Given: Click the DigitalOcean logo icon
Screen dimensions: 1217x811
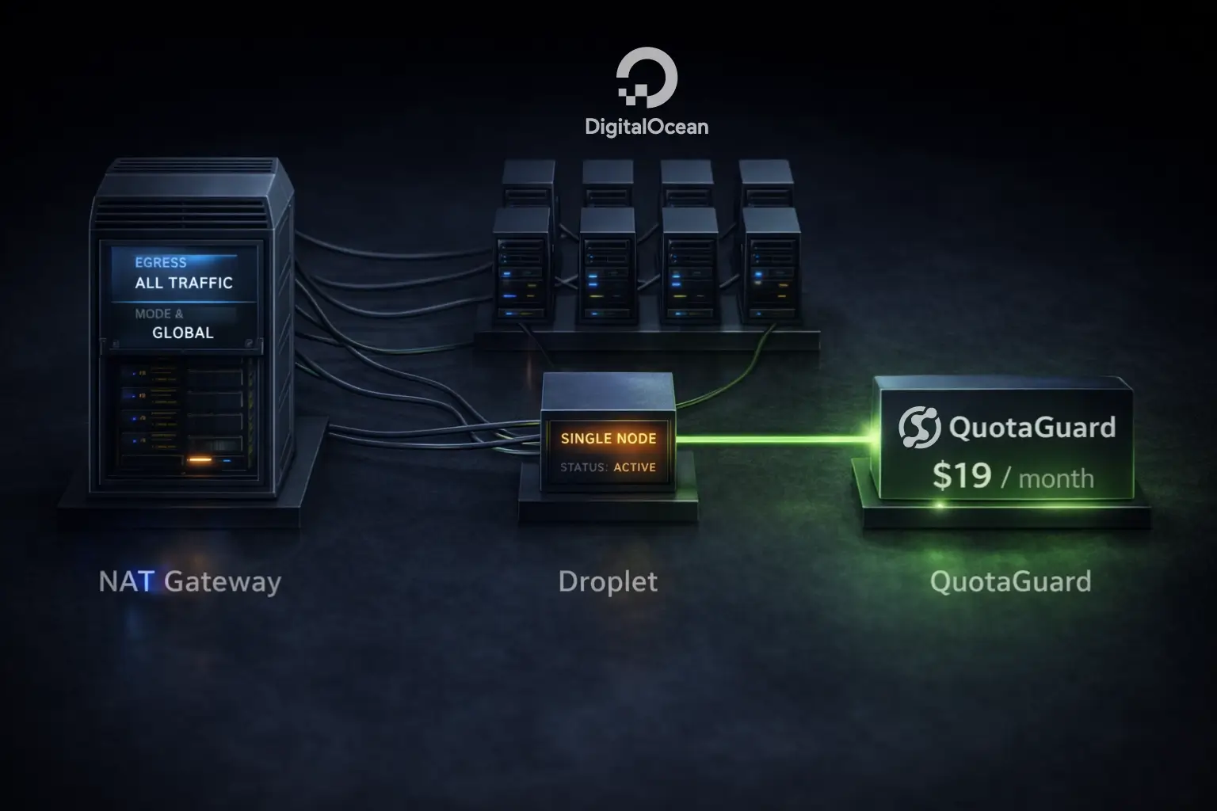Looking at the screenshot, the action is (647, 78).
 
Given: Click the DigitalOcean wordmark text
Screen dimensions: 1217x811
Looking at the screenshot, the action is (647, 126).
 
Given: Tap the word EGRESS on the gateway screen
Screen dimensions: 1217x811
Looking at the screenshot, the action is (161, 262).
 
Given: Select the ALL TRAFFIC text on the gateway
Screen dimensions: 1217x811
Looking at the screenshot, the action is (184, 283).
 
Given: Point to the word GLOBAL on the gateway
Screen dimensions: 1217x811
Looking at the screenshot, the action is (183, 333).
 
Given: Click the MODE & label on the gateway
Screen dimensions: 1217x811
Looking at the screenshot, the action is (158, 314).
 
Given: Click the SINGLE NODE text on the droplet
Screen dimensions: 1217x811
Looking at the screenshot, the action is (608, 438).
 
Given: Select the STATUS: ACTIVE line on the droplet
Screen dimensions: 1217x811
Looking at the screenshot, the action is (608, 467).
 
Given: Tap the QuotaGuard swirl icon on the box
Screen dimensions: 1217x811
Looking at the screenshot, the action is (919, 427).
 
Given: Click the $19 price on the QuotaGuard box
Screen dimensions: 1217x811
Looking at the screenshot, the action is (961, 475).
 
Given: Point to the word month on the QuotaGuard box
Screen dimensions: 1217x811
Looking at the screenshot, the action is (1055, 478).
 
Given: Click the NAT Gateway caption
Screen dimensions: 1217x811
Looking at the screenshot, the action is (190, 582).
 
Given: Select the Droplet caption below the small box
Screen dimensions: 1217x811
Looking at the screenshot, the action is (608, 582).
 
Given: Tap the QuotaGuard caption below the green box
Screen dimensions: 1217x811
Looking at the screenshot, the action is (1010, 582).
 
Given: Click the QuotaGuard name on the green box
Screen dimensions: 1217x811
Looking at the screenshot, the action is (1032, 428).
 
